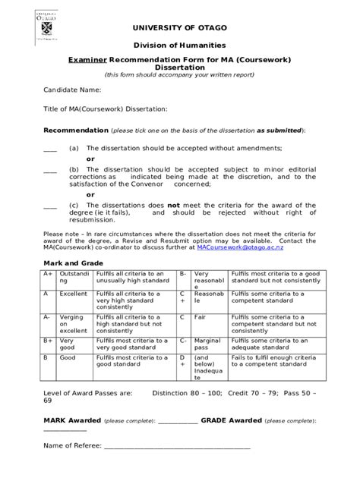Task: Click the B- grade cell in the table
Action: pyautogui.click(x=183, y=274)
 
